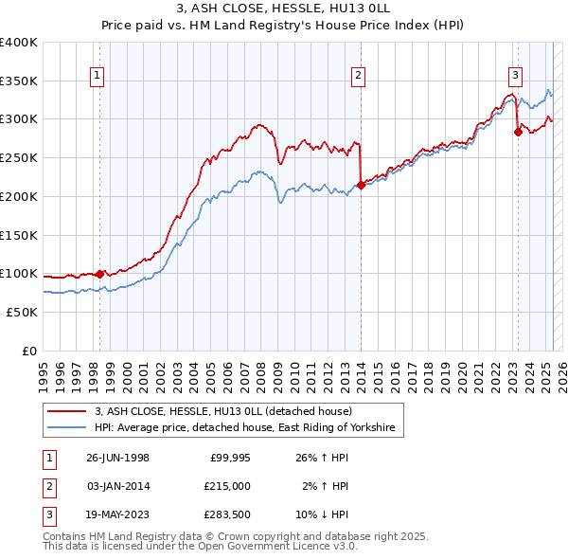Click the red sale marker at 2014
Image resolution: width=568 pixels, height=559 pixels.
click(362, 185)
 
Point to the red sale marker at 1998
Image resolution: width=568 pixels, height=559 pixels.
click(100, 274)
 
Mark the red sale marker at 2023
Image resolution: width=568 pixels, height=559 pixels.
click(518, 133)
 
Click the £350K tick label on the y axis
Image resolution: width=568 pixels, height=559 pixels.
click(19, 81)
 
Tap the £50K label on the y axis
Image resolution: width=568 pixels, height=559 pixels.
click(23, 312)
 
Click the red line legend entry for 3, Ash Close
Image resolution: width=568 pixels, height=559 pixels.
click(222, 411)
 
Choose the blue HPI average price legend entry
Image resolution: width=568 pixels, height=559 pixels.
click(248, 428)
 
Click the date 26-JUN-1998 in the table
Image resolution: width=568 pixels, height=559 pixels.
click(117, 458)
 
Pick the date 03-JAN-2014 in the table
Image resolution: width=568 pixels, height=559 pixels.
click(117, 486)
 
